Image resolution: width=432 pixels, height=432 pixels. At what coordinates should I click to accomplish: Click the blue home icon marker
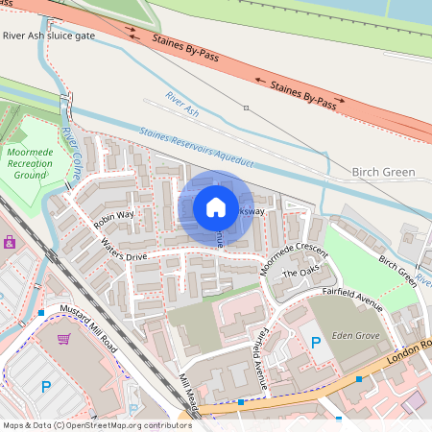pyautogui.click(x=216, y=207)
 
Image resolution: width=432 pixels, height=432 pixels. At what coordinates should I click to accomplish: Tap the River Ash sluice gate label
pyautogui.click(x=49, y=36)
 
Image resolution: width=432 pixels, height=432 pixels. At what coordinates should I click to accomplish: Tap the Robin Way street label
pyautogui.click(x=113, y=219)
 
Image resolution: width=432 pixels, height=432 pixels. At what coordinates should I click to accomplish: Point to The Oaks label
pyautogui.click(x=301, y=275)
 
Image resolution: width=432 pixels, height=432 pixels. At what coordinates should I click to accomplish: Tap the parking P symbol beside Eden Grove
pyautogui.click(x=315, y=343)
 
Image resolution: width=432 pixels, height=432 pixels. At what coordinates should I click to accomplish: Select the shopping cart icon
pyautogui.click(x=64, y=339)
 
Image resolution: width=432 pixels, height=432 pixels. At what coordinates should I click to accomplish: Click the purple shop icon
pyautogui.click(x=10, y=242)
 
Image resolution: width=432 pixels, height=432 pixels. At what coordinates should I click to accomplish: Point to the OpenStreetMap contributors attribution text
pyautogui.click(x=96, y=424)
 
